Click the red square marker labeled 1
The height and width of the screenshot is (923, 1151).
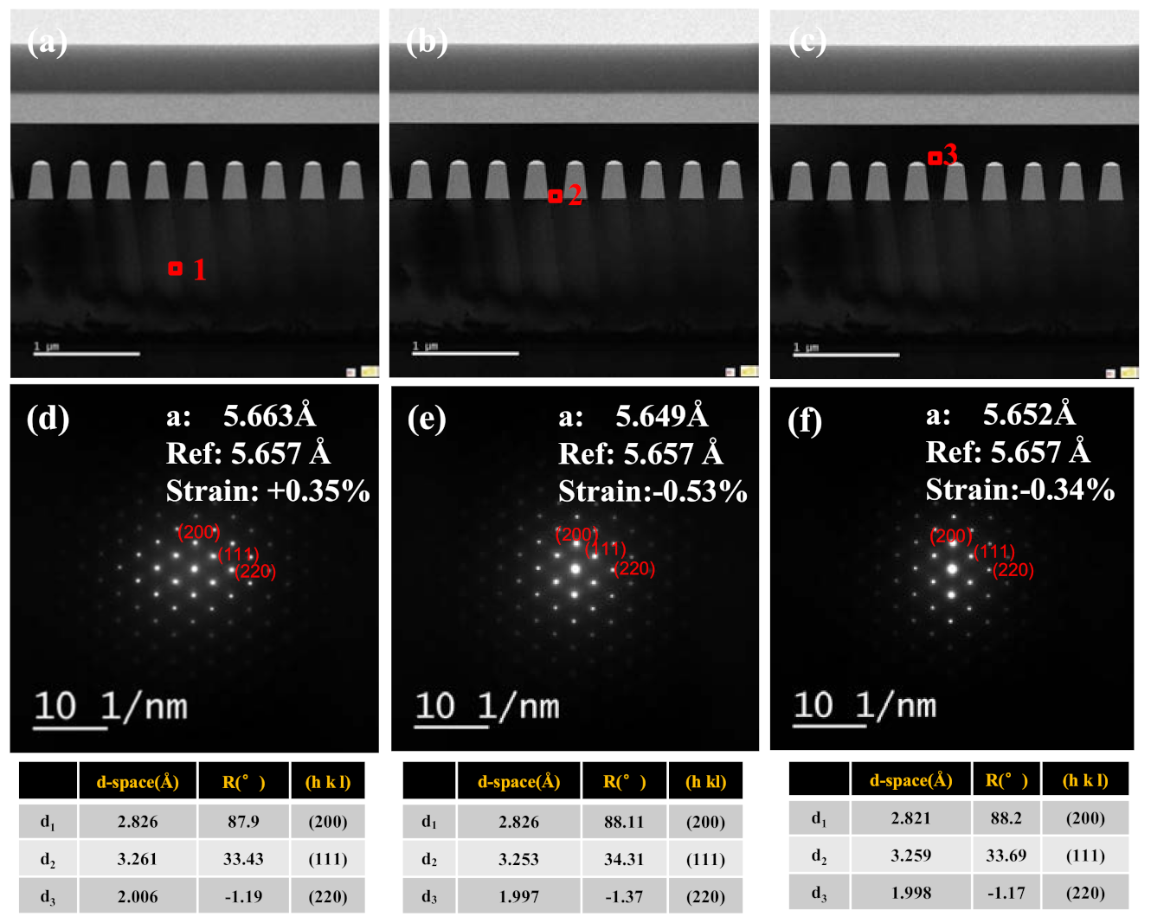pos(176,269)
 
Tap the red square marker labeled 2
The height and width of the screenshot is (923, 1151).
pos(555,196)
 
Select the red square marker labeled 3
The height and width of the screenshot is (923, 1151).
pos(935,158)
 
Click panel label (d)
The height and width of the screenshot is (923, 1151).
pos(48,418)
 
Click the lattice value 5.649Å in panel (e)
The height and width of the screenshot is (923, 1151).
pos(661,416)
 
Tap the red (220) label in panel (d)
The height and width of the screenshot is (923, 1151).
pos(255,571)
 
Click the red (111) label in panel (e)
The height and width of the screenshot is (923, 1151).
pos(606,548)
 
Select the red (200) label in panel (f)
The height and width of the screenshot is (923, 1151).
pos(951,535)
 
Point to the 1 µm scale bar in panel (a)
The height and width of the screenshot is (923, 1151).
pos(87,353)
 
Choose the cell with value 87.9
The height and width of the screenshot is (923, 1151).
pos(243,821)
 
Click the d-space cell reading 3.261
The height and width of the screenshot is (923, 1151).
pos(138,859)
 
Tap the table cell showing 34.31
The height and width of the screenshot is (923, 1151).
pos(624,859)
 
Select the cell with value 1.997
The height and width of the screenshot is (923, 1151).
pos(518,897)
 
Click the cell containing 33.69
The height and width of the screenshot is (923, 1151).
pos(1006,856)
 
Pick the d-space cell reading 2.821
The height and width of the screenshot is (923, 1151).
pos(910,817)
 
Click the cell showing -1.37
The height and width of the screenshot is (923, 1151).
pos(624,897)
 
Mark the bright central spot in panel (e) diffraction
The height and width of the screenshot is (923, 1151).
pos(575,569)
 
